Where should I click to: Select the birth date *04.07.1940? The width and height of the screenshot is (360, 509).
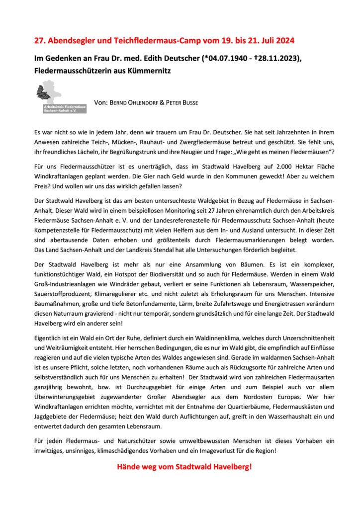[x=227, y=59]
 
